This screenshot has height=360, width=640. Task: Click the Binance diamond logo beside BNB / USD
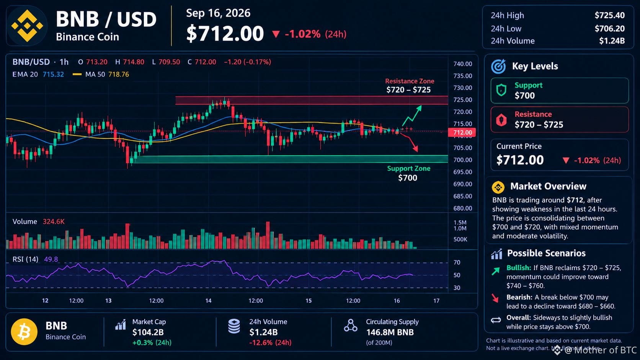coord(27,26)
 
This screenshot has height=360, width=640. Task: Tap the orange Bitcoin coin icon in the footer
coord(24,332)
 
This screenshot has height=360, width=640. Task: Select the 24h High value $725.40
coord(609,15)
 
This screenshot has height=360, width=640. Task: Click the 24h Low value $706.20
coord(609,29)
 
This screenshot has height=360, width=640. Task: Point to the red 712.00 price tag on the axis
coord(462,132)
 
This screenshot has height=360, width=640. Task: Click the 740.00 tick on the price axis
coord(462,64)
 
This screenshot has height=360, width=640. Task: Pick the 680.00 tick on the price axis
coord(462,209)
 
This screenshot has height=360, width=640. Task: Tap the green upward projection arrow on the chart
coord(412,116)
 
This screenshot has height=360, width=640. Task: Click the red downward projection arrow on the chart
coord(409,142)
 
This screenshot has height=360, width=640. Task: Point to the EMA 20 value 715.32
coord(53,75)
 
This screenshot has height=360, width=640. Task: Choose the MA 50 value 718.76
coord(119,75)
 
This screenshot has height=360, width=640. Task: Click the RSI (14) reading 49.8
coord(51,259)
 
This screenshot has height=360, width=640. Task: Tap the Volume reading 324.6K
coord(54,222)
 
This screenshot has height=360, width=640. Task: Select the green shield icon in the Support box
coord(501,90)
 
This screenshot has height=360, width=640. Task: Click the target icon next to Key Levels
coord(499,66)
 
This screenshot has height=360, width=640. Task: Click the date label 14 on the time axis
coord(208,301)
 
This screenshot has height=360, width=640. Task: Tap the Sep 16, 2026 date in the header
coord(218,13)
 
